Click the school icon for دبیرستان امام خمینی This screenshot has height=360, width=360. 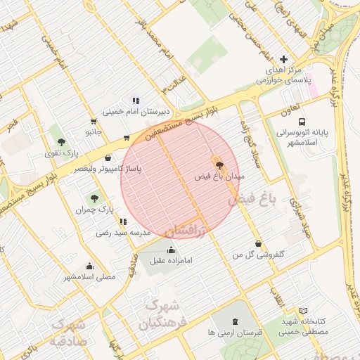(136, 101)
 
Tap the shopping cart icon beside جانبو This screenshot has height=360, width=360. (127, 138)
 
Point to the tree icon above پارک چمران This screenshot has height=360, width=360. (94, 198)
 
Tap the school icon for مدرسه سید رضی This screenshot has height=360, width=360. (124, 221)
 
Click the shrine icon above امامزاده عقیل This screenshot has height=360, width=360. (171, 250)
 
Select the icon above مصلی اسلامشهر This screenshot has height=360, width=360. (89, 266)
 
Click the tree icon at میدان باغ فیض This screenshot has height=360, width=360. (221, 166)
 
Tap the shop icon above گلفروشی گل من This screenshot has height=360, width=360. (259, 243)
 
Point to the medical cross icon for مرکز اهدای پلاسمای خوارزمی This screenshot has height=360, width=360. (283, 60)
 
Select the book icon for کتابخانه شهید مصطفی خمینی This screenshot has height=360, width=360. (303, 311)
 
